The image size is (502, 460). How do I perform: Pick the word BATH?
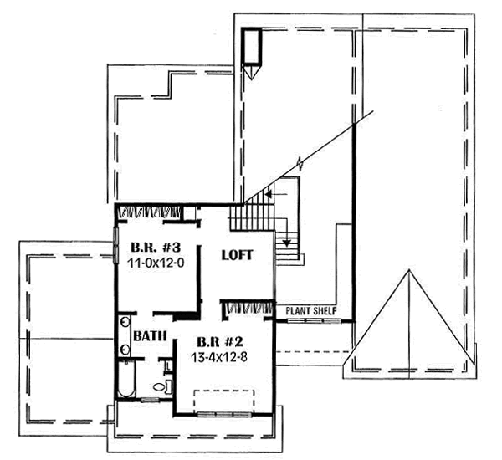point(150,336)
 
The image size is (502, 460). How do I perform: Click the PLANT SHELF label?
point(311,311)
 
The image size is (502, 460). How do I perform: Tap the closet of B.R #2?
point(248,308)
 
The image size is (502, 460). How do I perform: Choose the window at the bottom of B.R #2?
point(226,414)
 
